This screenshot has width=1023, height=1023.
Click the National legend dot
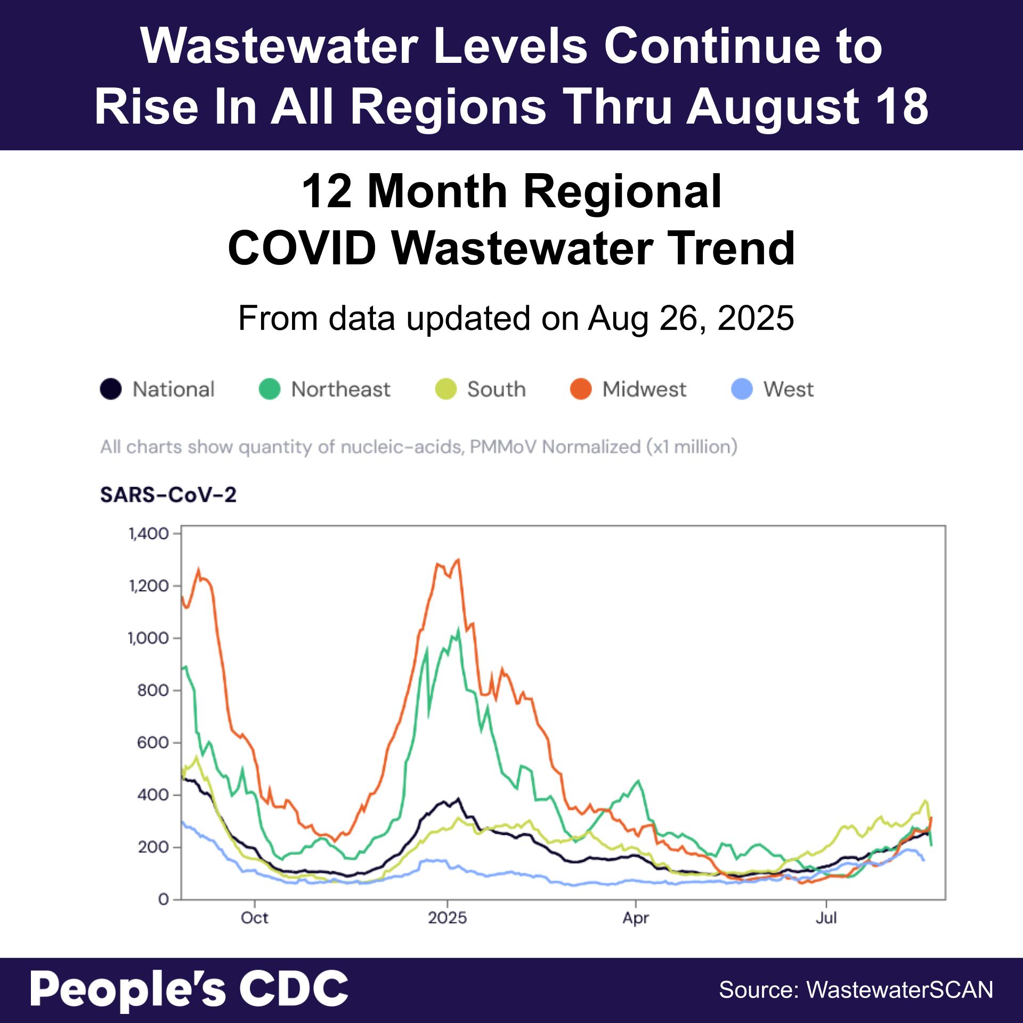(111, 389)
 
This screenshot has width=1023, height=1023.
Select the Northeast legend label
(340, 389)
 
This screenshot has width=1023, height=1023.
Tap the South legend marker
(446, 389)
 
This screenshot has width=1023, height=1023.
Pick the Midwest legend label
(644, 389)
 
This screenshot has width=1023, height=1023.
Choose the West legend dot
(742, 389)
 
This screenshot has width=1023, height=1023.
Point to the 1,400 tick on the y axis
(149, 533)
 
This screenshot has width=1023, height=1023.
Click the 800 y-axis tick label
(153, 690)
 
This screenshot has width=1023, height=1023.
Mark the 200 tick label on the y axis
(153, 847)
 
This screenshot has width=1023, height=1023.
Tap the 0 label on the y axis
(163, 899)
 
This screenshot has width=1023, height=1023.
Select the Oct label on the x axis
(255, 918)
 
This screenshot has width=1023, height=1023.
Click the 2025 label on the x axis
(448, 918)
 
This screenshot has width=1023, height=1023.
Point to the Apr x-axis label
(636, 918)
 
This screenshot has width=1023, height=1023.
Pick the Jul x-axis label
(826, 918)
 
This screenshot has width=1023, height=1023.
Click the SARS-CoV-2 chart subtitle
(168, 495)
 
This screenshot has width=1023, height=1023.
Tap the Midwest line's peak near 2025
(459, 559)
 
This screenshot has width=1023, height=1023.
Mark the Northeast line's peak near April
(638, 781)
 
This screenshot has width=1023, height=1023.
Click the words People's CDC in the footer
(189, 989)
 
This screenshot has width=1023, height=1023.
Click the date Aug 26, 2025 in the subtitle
(691, 318)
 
